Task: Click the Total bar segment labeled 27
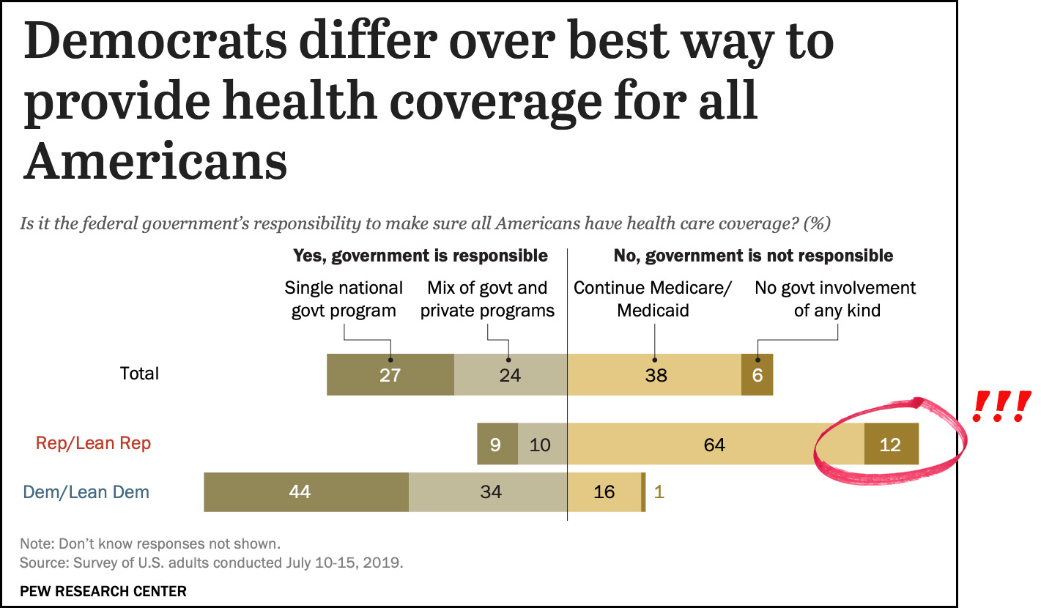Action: tap(390, 375)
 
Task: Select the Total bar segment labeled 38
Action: tap(654, 375)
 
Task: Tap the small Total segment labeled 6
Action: tap(757, 375)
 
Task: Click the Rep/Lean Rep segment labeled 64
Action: tap(715, 444)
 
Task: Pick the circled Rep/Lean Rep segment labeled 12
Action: tap(891, 444)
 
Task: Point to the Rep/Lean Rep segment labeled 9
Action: tap(497, 444)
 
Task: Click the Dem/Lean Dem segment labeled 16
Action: tap(604, 492)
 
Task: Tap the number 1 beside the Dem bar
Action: tap(659, 492)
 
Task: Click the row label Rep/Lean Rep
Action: tap(94, 443)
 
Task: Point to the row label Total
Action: tap(139, 374)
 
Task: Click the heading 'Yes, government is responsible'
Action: tap(421, 256)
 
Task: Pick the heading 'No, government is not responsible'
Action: tap(753, 256)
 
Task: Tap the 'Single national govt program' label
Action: tap(344, 299)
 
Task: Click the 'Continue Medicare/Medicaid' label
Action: tap(653, 299)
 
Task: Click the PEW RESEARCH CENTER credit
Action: tap(103, 590)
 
